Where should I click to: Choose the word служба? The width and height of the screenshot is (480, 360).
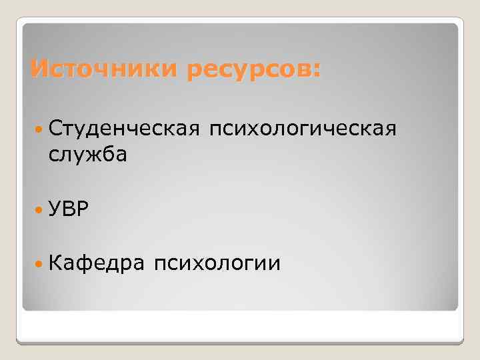(88, 155)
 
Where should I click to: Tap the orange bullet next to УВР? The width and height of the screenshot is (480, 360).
(37, 210)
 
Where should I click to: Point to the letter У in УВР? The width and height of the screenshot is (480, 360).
(55, 210)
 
